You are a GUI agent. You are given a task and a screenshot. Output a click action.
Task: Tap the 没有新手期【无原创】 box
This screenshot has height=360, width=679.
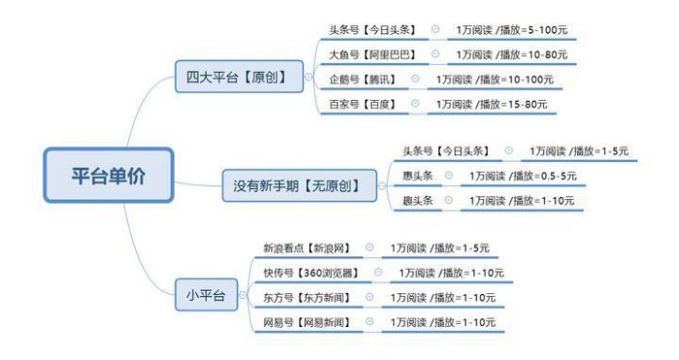coord(304,183)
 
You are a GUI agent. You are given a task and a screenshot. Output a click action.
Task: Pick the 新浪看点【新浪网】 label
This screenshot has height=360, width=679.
coord(306,248)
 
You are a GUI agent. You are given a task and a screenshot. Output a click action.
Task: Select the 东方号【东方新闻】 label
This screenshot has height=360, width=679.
coord(306,297)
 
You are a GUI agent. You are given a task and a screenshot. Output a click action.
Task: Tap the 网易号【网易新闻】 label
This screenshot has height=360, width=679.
coord(306,321)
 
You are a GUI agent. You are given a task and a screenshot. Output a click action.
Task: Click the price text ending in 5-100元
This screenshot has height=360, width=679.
coord(512,30)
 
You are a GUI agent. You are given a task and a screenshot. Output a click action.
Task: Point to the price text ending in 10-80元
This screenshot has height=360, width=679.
coord(512,54)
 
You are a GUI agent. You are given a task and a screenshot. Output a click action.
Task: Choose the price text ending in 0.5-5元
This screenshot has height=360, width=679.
coord(523,176)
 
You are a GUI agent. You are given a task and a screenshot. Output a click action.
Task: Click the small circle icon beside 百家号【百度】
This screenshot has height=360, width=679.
coord(415,103)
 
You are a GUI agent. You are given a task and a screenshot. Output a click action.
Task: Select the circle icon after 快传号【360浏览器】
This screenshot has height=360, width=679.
coord(378,273)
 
